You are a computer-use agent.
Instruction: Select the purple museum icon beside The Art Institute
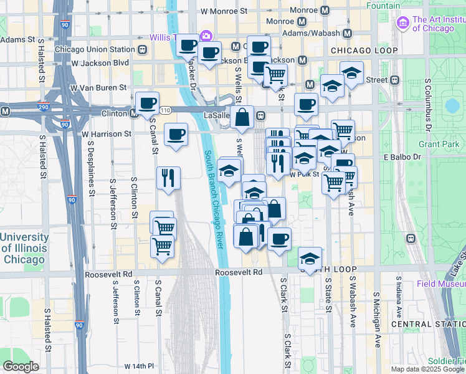[402, 23]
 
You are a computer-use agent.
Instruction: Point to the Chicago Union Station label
[95, 49]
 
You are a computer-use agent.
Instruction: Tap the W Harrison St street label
[107, 133]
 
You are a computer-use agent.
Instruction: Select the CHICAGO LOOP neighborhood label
[363, 50]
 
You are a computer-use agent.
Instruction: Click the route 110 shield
[165, 110]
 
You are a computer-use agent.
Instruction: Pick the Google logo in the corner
[20, 367]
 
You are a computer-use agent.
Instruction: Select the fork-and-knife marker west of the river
[168, 178]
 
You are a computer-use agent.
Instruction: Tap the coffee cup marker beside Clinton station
[147, 103]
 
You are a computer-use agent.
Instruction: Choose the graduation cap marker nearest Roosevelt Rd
[310, 257]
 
